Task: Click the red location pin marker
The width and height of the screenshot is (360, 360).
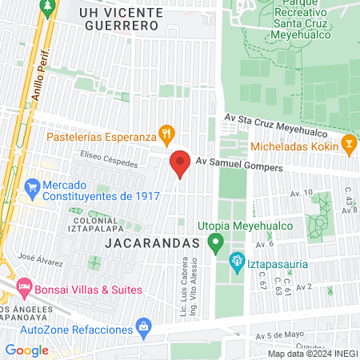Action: pos(180,164)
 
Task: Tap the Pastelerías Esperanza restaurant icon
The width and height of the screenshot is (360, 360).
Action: pos(166,134)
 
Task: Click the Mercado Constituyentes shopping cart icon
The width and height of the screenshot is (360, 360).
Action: pos(32,190)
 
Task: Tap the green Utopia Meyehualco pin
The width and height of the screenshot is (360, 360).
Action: pos(214,242)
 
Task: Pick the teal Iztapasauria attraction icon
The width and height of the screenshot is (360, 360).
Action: pos(236,261)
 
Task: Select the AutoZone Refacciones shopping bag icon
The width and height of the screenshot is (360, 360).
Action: pos(142,326)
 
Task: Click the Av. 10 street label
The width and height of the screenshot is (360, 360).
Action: pos(302,193)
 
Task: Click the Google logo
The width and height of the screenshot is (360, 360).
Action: pos(27,350)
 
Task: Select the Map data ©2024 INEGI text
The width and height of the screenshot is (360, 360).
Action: pos(312,353)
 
